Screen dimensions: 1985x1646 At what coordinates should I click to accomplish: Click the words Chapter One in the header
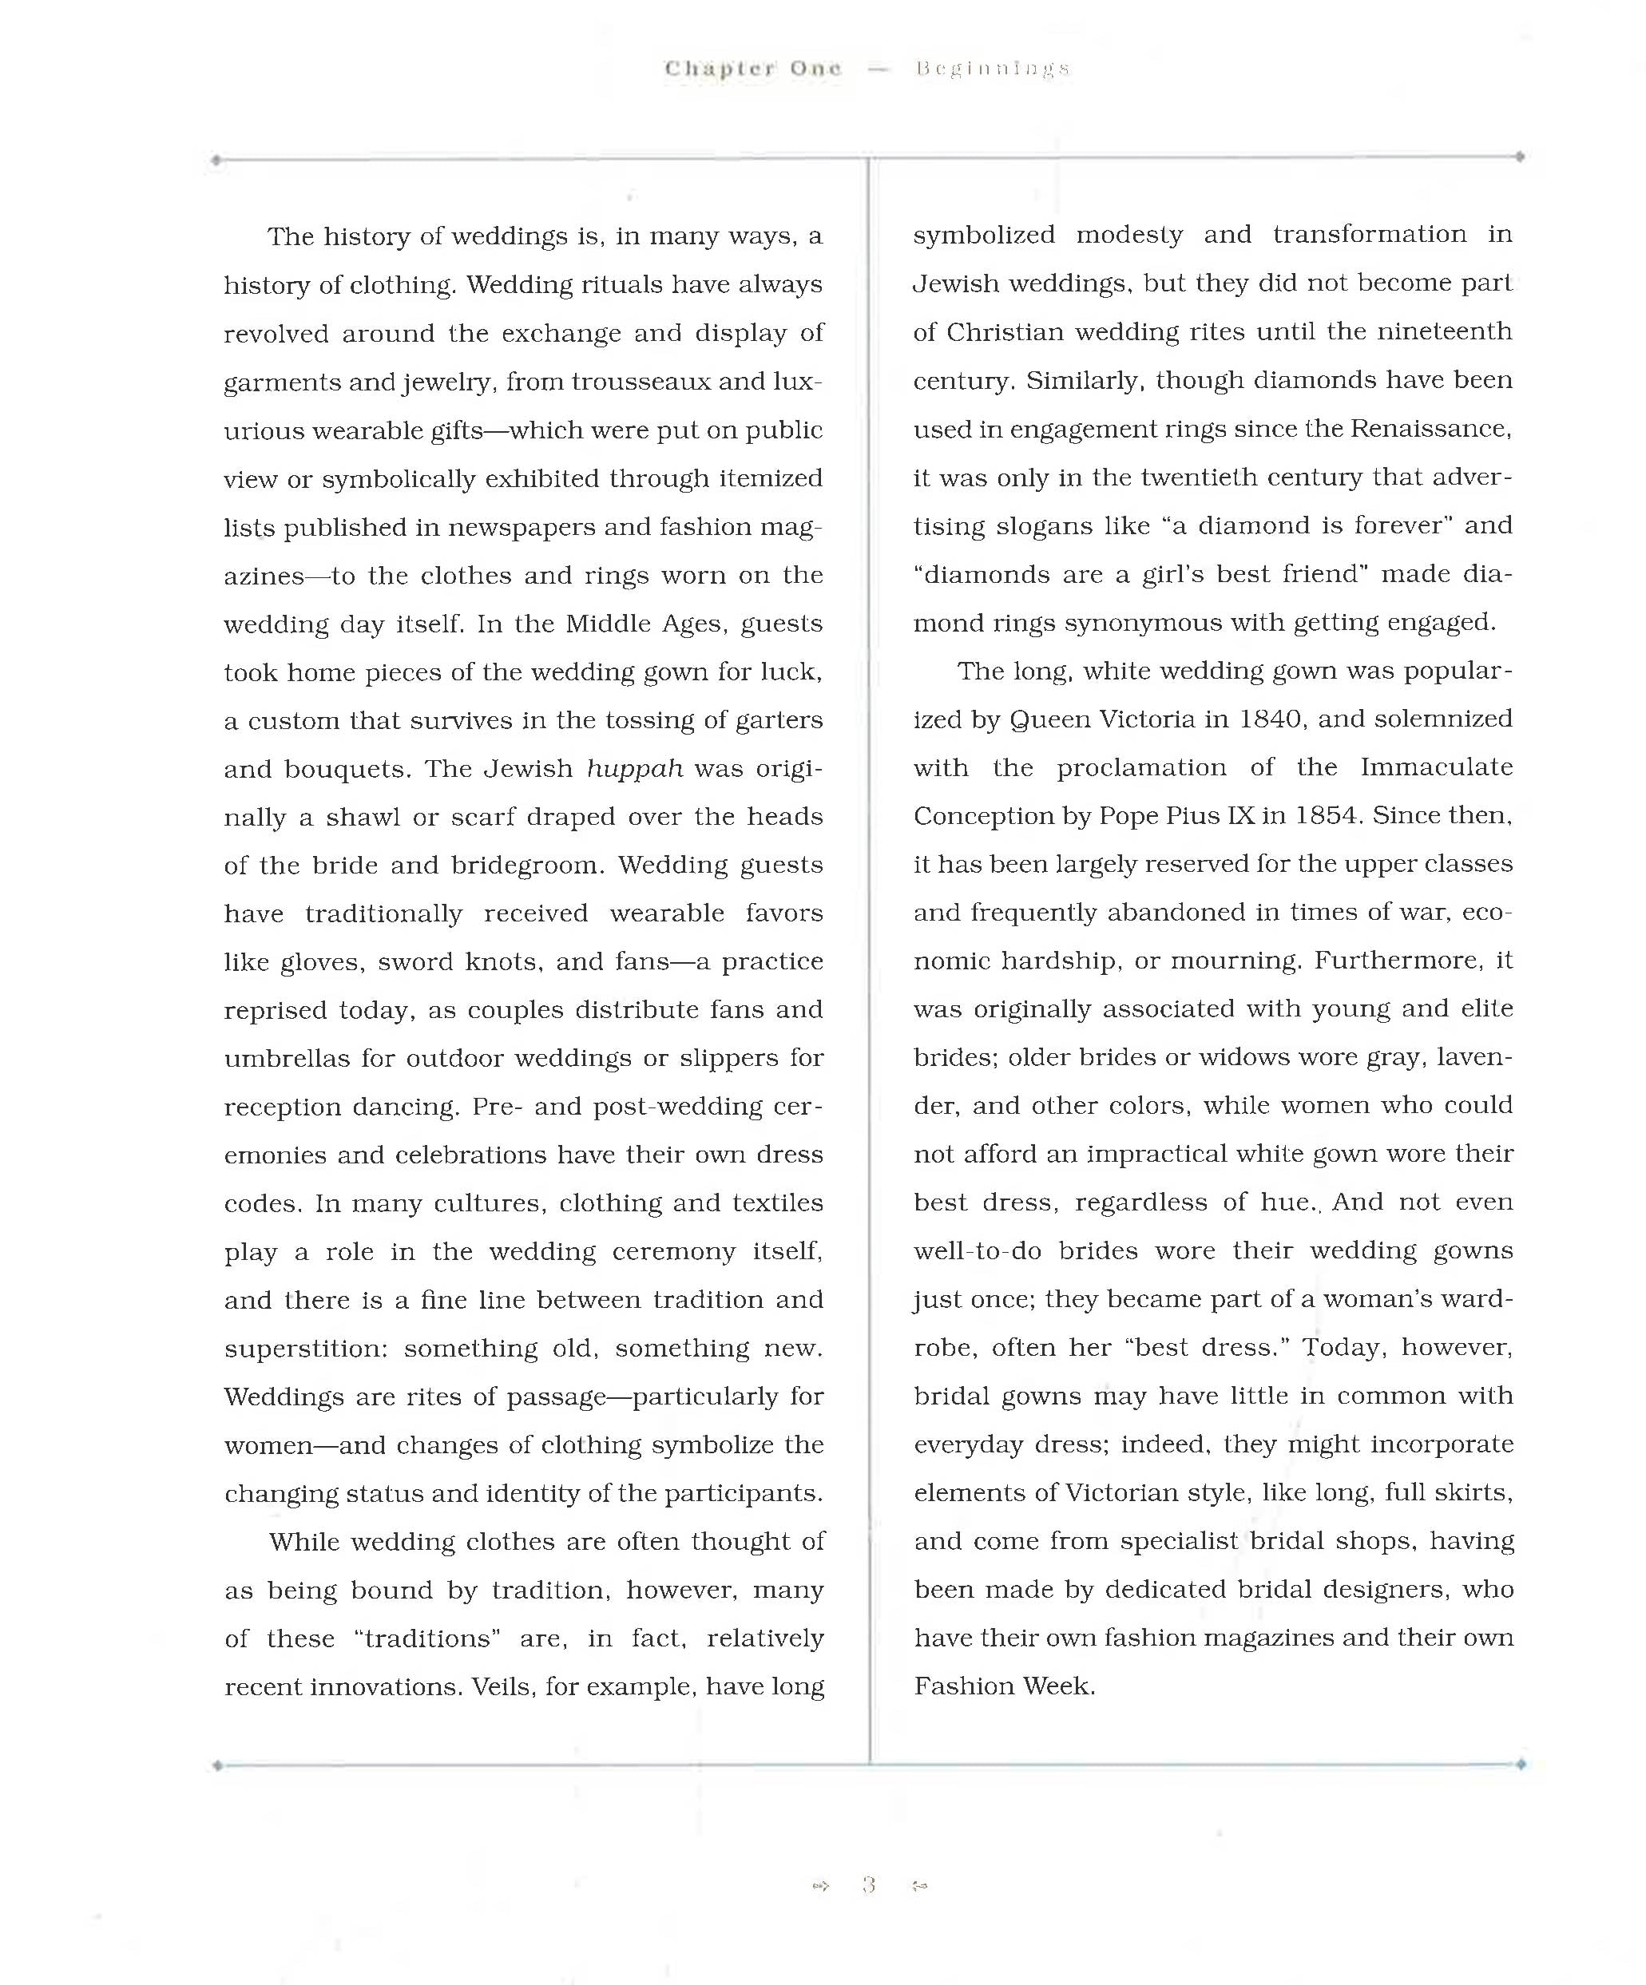(x=752, y=68)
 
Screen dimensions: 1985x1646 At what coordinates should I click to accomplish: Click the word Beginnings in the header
(x=992, y=69)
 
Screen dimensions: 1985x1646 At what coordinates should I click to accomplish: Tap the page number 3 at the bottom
(x=869, y=1886)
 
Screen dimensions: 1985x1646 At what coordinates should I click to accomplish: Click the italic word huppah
(x=634, y=768)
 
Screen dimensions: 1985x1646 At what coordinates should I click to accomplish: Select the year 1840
(x=1271, y=719)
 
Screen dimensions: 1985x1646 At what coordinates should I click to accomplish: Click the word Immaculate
(x=1436, y=767)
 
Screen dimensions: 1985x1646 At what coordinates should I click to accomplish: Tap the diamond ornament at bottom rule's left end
(x=217, y=1765)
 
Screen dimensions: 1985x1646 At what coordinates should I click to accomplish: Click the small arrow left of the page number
(x=819, y=1887)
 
